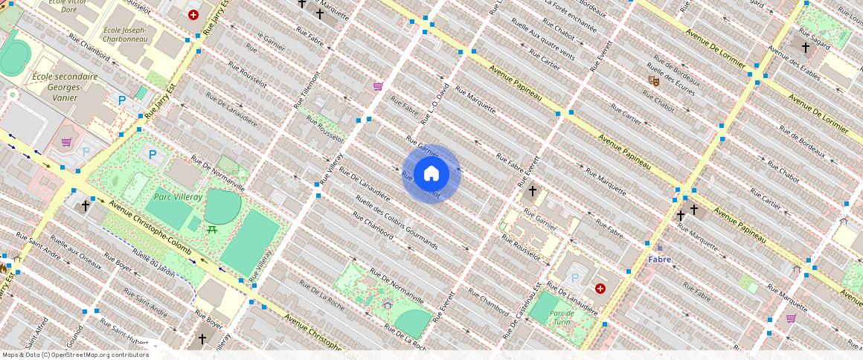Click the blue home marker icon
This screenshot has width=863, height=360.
[431, 173]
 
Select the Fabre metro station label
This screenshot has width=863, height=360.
[659, 260]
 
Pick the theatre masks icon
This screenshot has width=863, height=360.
[654, 80]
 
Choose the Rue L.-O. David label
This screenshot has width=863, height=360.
[434, 103]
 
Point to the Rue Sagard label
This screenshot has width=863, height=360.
[813, 34]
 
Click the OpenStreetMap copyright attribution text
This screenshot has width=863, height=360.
[74, 355]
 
